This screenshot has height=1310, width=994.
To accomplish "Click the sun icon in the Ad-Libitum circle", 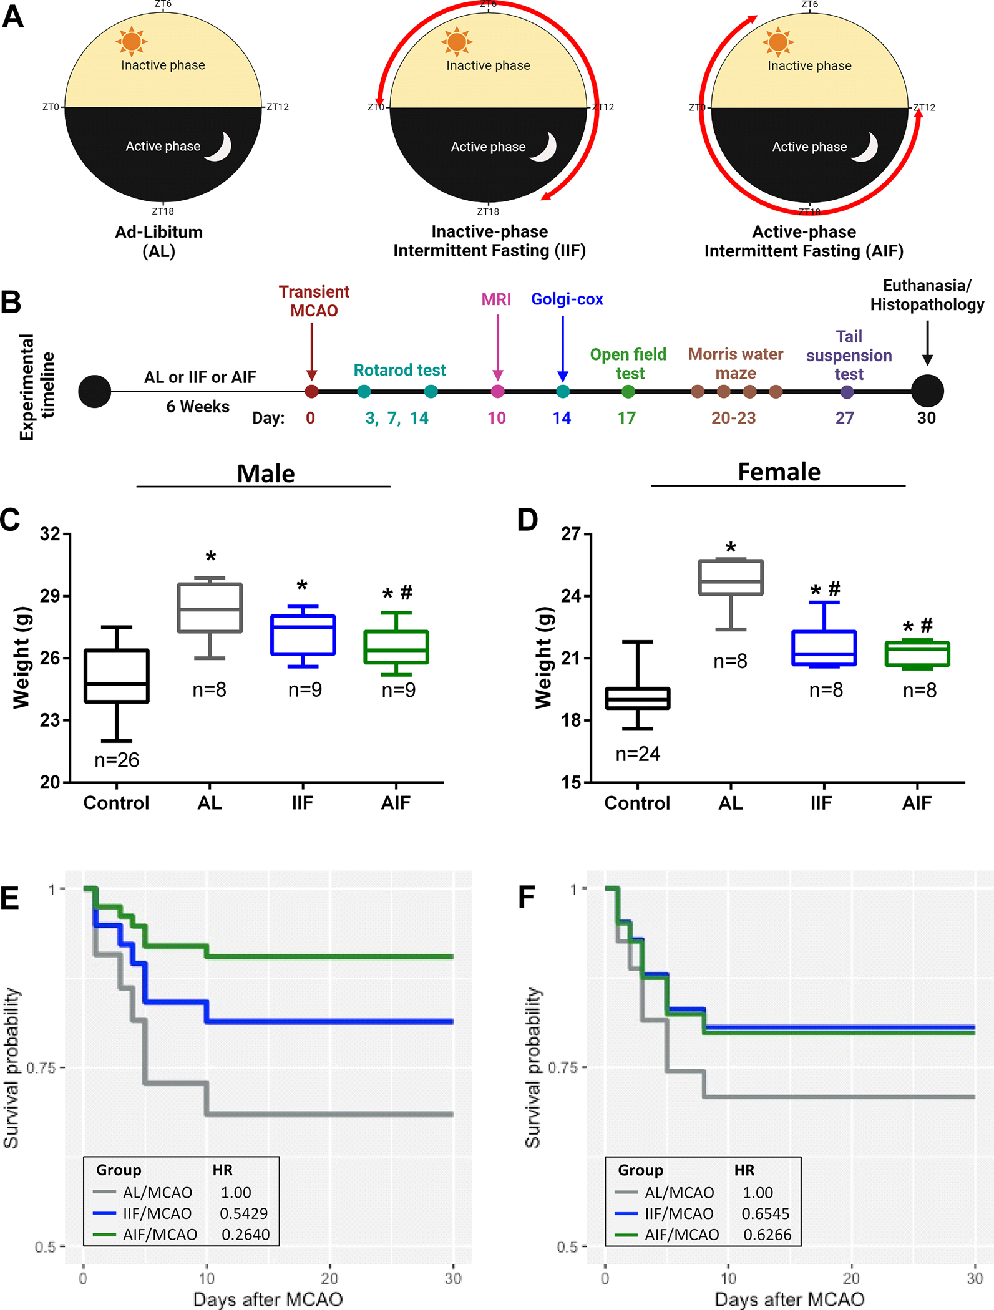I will tap(131, 42).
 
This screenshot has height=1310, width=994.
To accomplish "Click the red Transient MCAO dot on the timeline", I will tap(311, 392).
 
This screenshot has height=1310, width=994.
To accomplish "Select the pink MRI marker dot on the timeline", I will tap(497, 392).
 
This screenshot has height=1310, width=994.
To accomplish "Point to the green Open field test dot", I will tap(628, 392).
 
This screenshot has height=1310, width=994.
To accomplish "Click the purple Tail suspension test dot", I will tap(847, 392).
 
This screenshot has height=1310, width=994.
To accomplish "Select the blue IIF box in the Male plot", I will tap(303, 634).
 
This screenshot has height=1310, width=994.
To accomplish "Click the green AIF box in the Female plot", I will tap(917, 654).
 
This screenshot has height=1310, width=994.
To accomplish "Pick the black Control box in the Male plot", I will tap(117, 676).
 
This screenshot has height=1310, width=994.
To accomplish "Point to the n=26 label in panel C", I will tap(117, 760).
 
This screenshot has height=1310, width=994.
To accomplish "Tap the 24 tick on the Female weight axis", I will tap(571, 596).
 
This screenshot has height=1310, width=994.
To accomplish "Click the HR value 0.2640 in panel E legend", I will tap(246, 1235).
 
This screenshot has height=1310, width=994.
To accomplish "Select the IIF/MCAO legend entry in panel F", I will tap(679, 1213).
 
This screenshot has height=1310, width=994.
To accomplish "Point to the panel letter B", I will tap(11, 302).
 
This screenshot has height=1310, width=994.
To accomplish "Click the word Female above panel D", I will tap(779, 472).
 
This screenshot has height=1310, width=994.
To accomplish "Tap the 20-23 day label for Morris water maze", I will tap(733, 418).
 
